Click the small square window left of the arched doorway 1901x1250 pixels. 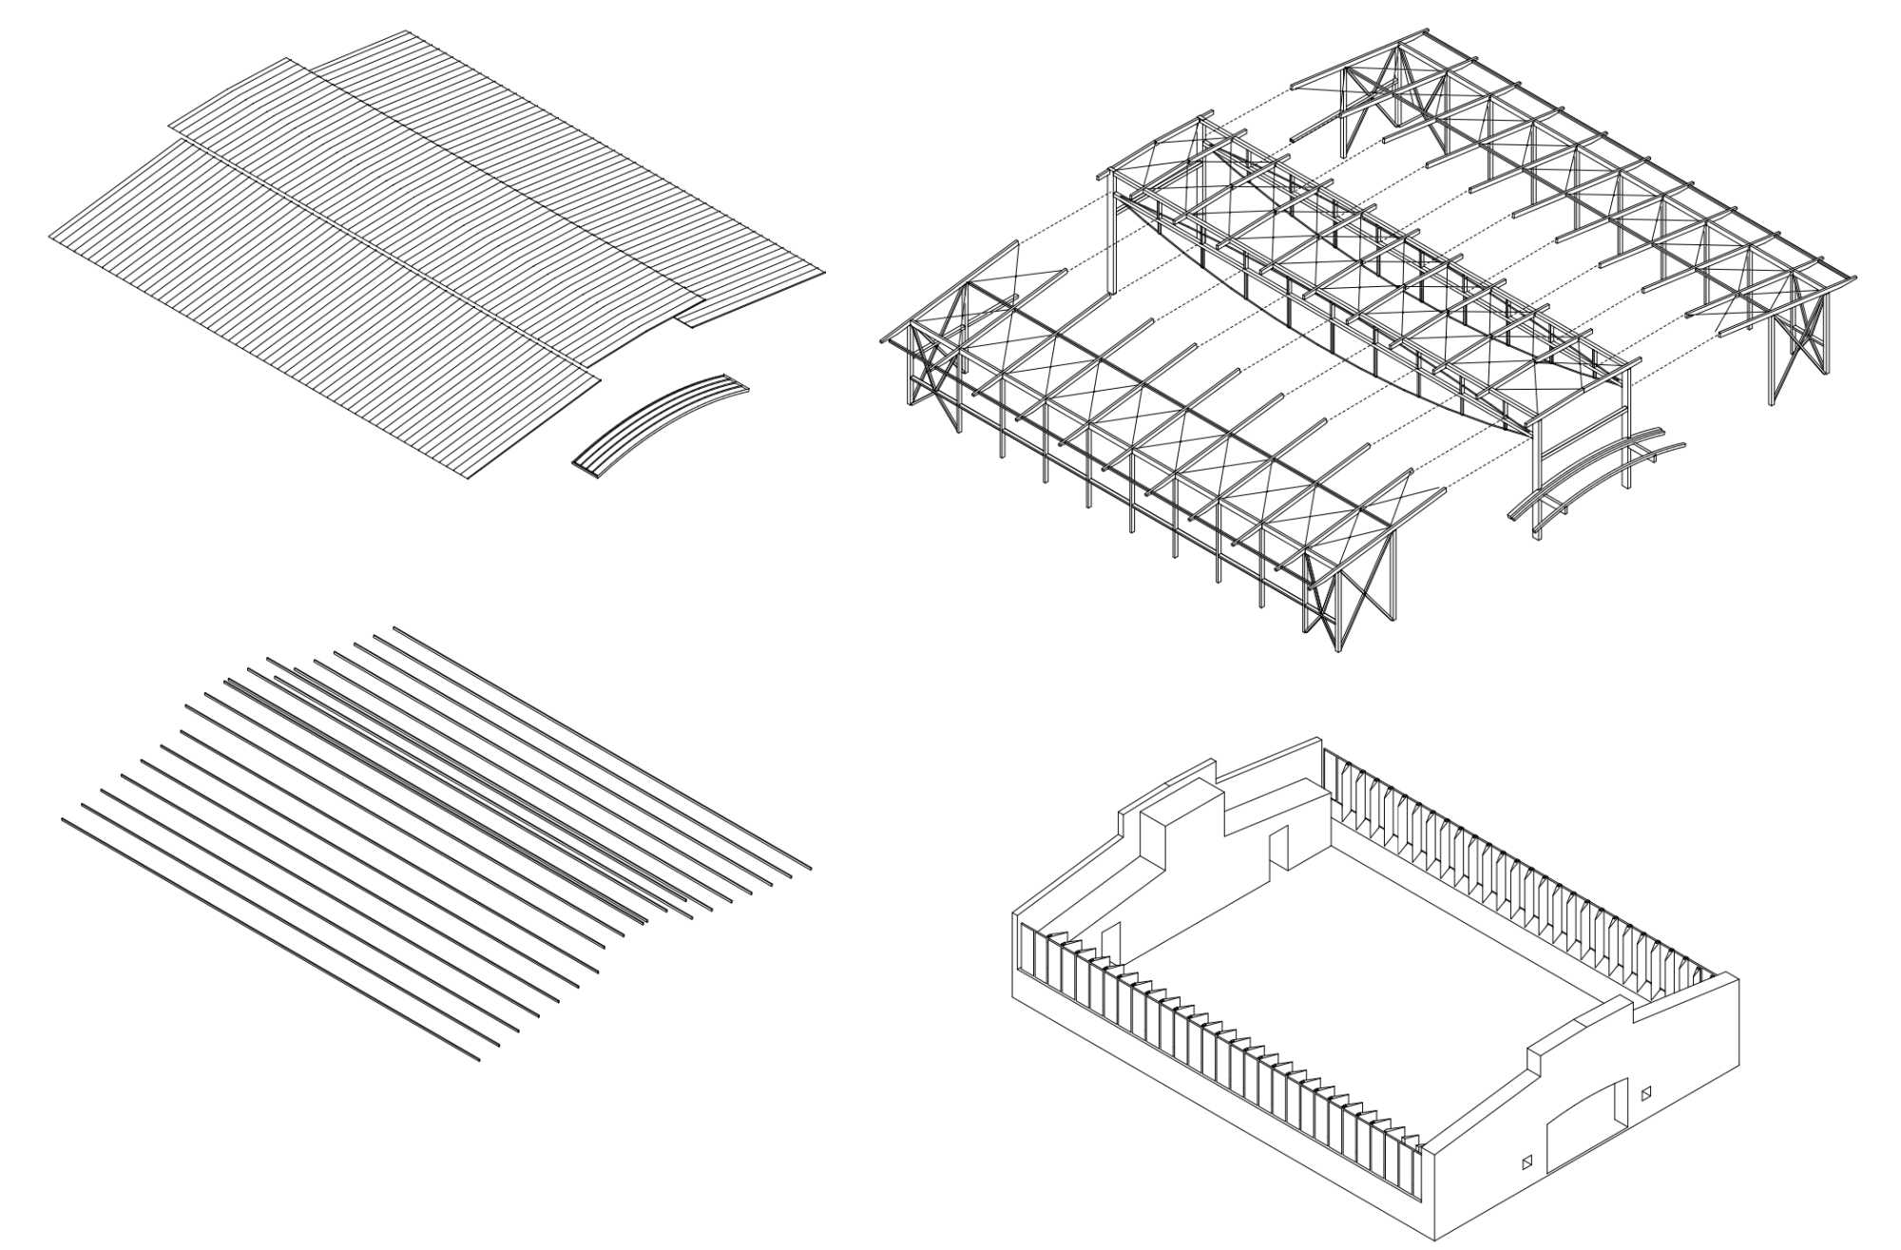[x=1527, y=1162]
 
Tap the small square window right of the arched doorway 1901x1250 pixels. [x=1646, y=1093]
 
